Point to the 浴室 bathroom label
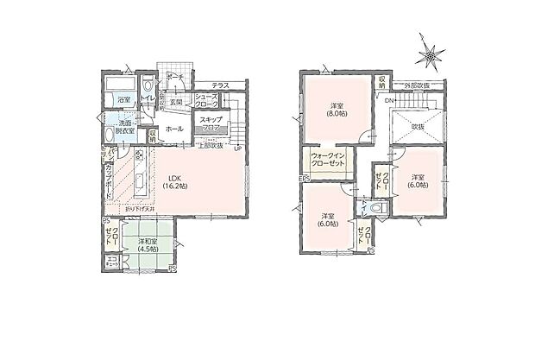tap(124, 100)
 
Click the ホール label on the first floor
tap(173, 128)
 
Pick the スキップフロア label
tap(209, 123)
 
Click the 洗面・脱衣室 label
tap(123, 128)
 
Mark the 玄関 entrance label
tap(175, 103)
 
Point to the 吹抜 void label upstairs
tap(417, 126)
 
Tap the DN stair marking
tap(388, 100)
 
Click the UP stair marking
tap(237, 148)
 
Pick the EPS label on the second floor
tap(303, 180)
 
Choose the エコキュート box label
tap(112, 261)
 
